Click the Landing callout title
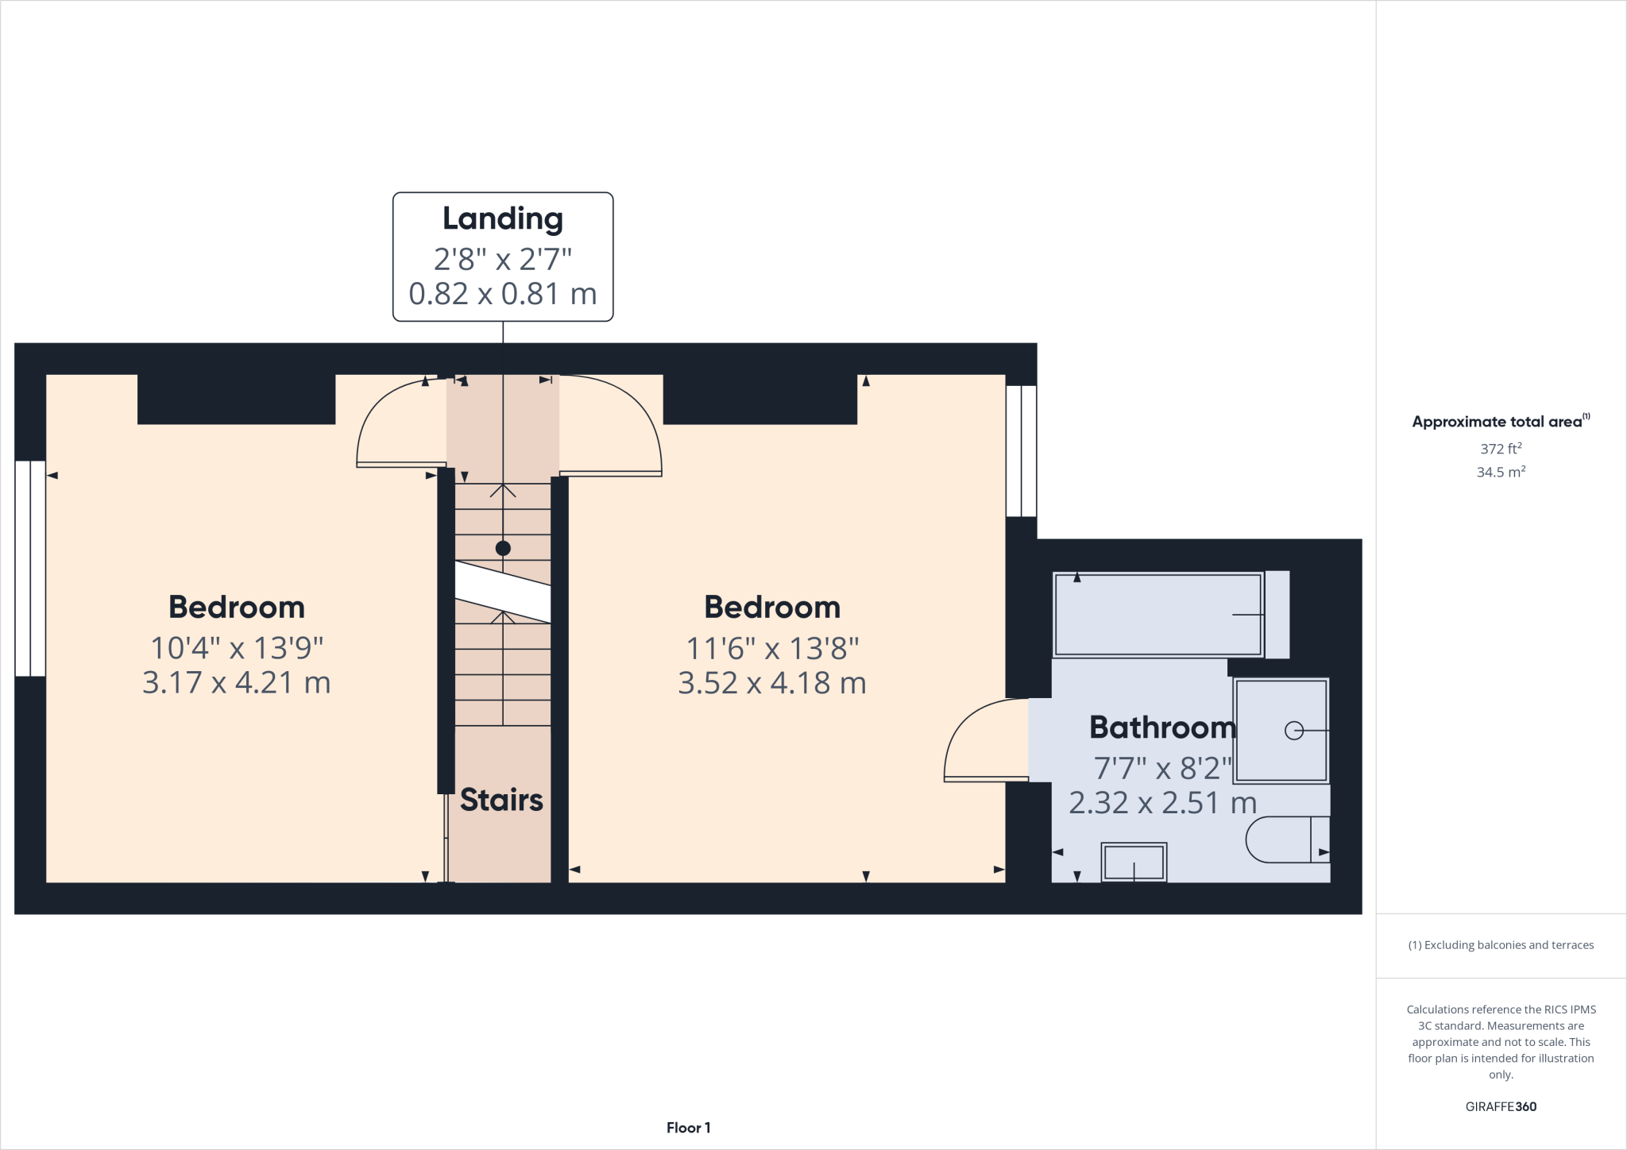pos(502,219)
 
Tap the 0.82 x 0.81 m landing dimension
pos(502,294)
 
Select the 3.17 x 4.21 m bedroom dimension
pos(236,683)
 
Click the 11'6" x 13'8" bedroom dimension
pos(772,649)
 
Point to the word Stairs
pos(501,800)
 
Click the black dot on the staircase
pos(503,548)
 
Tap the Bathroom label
pos(1162,727)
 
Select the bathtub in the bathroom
pos(1157,615)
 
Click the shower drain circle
pos(1293,731)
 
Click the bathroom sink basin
pos(1134,862)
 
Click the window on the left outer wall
pos(30,568)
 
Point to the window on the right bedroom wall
pos(1021,450)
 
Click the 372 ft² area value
pos(1500,449)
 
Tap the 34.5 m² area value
pos(1500,472)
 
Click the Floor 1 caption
pos(688,1127)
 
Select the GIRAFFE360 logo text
pos(1500,1106)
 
